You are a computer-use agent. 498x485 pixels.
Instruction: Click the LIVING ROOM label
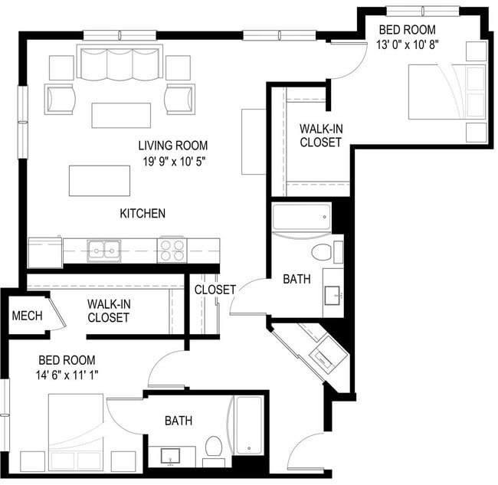pos(172,145)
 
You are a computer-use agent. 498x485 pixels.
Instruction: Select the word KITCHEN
pos(142,213)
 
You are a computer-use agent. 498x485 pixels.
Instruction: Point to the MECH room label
pos(26,316)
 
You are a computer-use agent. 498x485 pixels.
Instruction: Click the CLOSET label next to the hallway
pos(214,290)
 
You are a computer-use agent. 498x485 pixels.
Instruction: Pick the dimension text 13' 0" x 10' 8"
pos(407,45)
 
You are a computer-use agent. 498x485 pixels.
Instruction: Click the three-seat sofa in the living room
pos(120,63)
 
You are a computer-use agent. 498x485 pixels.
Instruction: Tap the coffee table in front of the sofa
pos(120,115)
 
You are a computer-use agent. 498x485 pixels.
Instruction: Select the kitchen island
pos(99,181)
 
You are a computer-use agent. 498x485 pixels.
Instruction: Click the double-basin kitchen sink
pos(103,249)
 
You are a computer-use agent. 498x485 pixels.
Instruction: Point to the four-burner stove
pos(172,249)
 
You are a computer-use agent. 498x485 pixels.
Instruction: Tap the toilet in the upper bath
pos(323,252)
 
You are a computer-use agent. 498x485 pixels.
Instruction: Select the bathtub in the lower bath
pos(248,425)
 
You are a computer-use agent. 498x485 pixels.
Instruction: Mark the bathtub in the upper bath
pos(301,218)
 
